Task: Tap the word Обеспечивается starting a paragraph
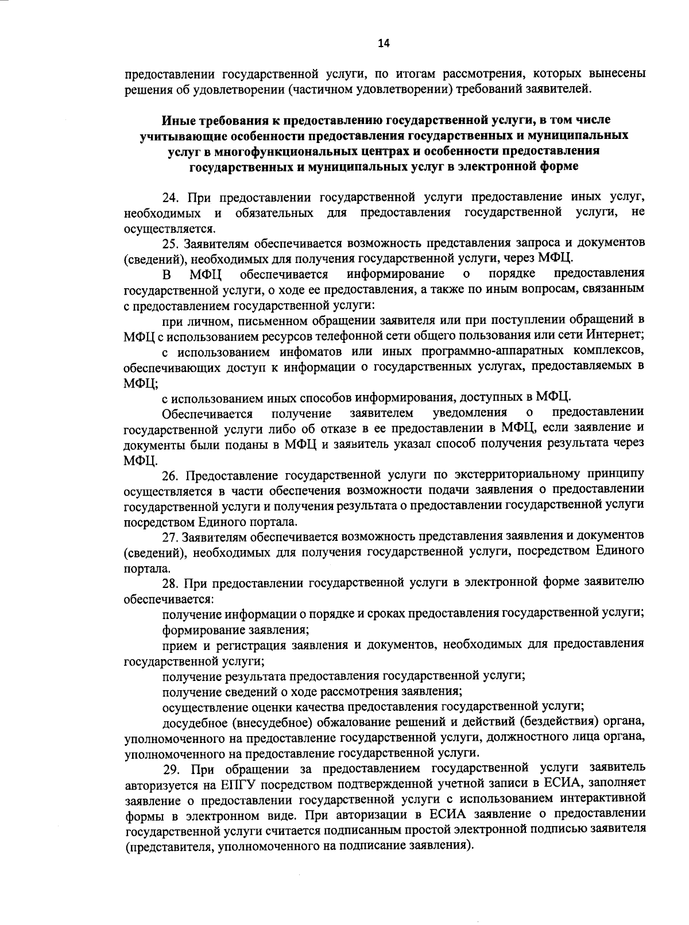coord(207,413)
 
